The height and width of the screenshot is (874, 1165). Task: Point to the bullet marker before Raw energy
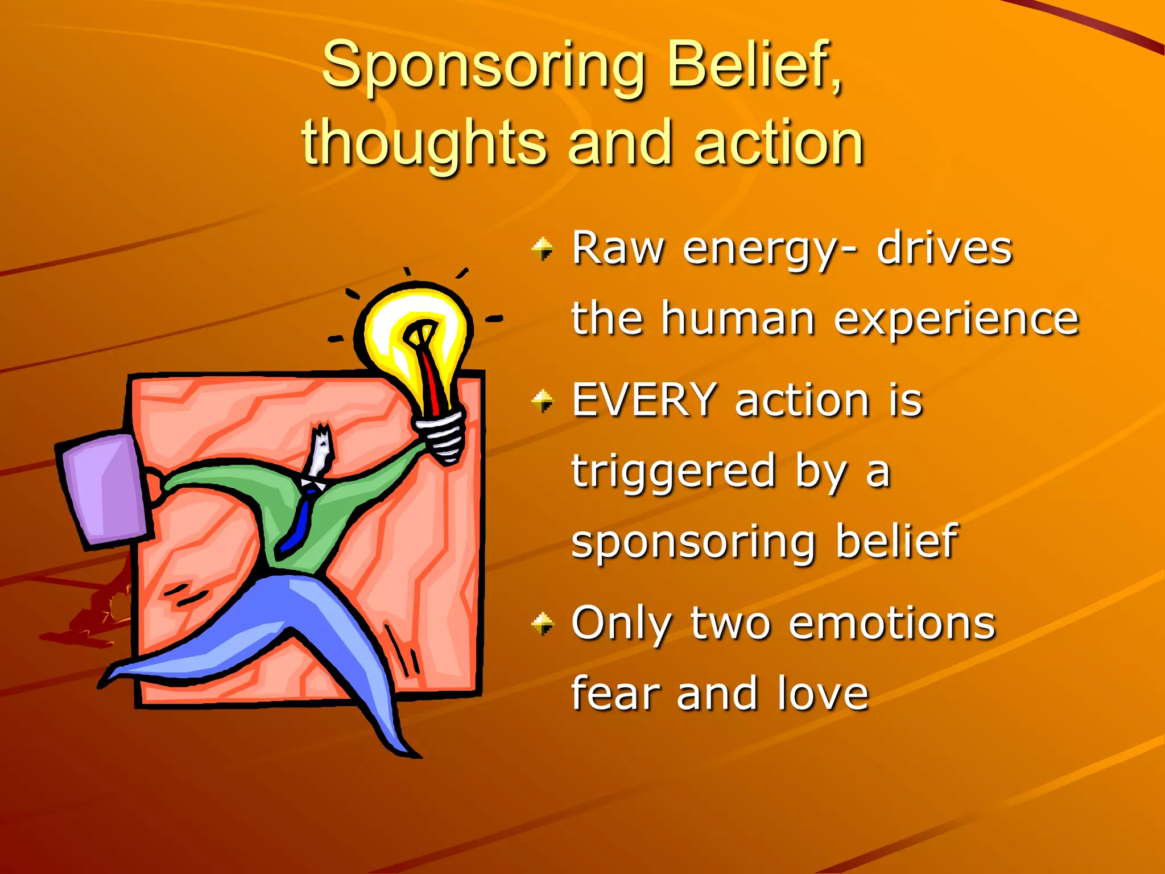click(x=543, y=249)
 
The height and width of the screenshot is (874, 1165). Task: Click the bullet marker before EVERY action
click(x=543, y=401)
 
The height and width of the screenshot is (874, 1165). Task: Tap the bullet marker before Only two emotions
click(x=543, y=624)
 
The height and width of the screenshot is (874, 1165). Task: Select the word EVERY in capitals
click(x=644, y=400)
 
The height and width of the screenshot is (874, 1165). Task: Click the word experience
click(x=956, y=320)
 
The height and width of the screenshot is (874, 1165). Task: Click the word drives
click(x=944, y=249)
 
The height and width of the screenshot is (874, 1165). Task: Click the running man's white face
click(x=320, y=452)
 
